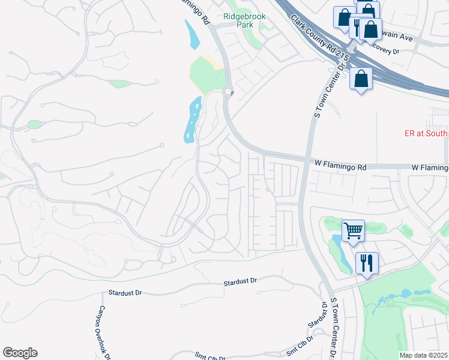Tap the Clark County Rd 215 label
tap(320, 37)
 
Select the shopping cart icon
tap(353, 230)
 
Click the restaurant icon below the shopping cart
tap(366, 262)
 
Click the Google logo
tap(20, 353)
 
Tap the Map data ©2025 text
tap(423, 355)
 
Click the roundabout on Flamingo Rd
tap(228, 92)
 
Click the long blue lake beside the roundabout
tap(191, 119)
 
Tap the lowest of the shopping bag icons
tap(361, 79)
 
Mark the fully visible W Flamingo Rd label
tap(340, 163)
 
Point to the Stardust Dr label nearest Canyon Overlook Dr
tap(124, 293)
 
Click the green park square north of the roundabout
tap(208, 75)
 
